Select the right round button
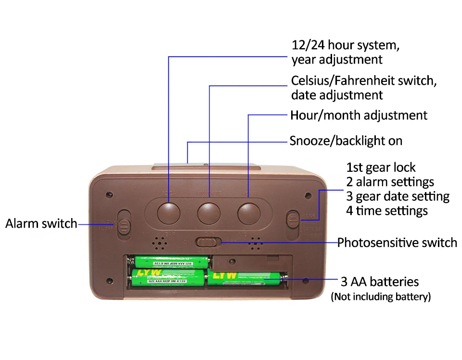pos(248,212)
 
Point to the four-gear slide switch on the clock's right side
pos(292,219)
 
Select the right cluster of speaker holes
pos(256,244)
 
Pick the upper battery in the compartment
pos(169,262)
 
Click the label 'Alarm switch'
pos(41,224)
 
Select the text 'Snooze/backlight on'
pos(346,141)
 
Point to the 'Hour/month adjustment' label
pos(359,116)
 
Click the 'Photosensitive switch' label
pos(397,243)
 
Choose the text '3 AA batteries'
pos(379,282)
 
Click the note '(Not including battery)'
pos(380,296)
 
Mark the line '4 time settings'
pos(387,210)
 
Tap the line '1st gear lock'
pos(381,167)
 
